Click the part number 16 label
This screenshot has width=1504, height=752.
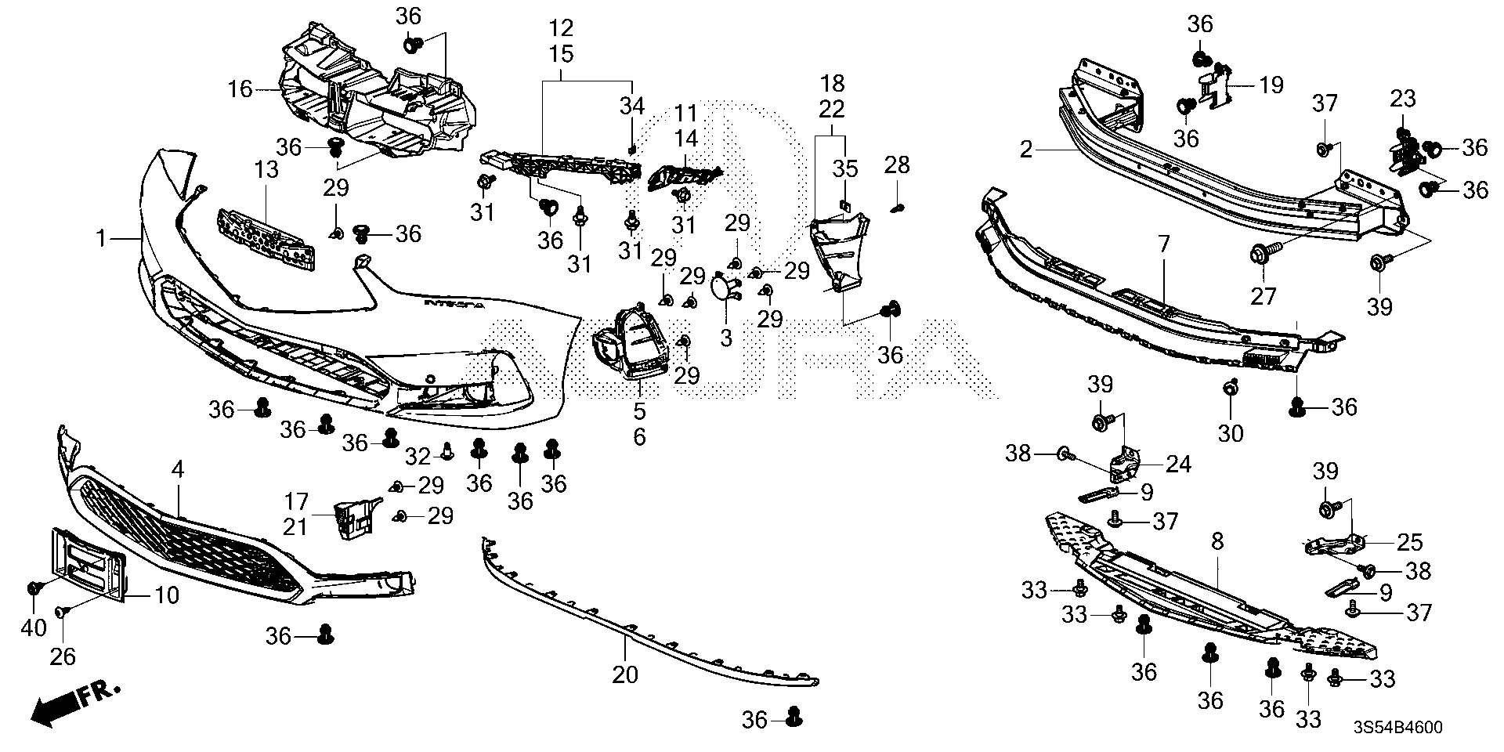coord(240,89)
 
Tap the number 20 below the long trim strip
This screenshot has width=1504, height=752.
coord(626,674)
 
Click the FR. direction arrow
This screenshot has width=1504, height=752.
coord(74,701)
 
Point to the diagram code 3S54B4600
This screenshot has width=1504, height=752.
coord(1398,728)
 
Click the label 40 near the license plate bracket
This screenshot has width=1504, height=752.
coord(34,628)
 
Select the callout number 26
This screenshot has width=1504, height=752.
coord(63,656)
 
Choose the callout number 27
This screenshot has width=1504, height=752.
coord(1264,296)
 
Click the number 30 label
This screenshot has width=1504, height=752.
coord(1231,432)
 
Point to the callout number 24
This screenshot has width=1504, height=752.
coord(1177,465)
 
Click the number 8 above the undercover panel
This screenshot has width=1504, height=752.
coord(1217,541)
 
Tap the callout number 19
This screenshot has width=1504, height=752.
coord(1271,85)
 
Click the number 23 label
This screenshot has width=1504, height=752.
coord(1403,99)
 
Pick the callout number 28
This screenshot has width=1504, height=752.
coord(897,164)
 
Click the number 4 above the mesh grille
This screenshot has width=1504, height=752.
coord(178,470)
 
